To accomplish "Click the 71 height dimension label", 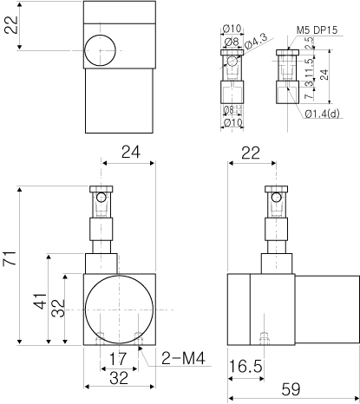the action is (x=9, y=258).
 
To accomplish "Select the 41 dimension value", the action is (x=40, y=301).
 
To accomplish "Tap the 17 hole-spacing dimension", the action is (x=118, y=359).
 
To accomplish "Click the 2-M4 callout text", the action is (x=183, y=358).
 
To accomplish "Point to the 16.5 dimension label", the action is (x=245, y=367).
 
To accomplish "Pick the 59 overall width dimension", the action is (x=291, y=389).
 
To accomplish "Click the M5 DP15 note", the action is (x=317, y=29).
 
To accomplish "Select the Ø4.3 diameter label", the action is (x=255, y=41).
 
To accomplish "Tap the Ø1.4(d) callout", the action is (x=322, y=114).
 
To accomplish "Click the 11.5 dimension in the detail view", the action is (x=309, y=68).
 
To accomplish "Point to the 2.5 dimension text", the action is (x=309, y=42).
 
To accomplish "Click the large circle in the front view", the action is (x=119, y=310).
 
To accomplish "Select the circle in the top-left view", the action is (x=100, y=50).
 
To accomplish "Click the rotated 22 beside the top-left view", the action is (x=11, y=25).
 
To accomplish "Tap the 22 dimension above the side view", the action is (x=251, y=153).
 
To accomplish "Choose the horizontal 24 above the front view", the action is (x=131, y=152).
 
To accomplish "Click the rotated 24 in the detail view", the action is (x=324, y=75).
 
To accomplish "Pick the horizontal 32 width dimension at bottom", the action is (x=119, y=378).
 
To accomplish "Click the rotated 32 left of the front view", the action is (x=58, y=309).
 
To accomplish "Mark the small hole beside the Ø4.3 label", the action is (x=232, y=61).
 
